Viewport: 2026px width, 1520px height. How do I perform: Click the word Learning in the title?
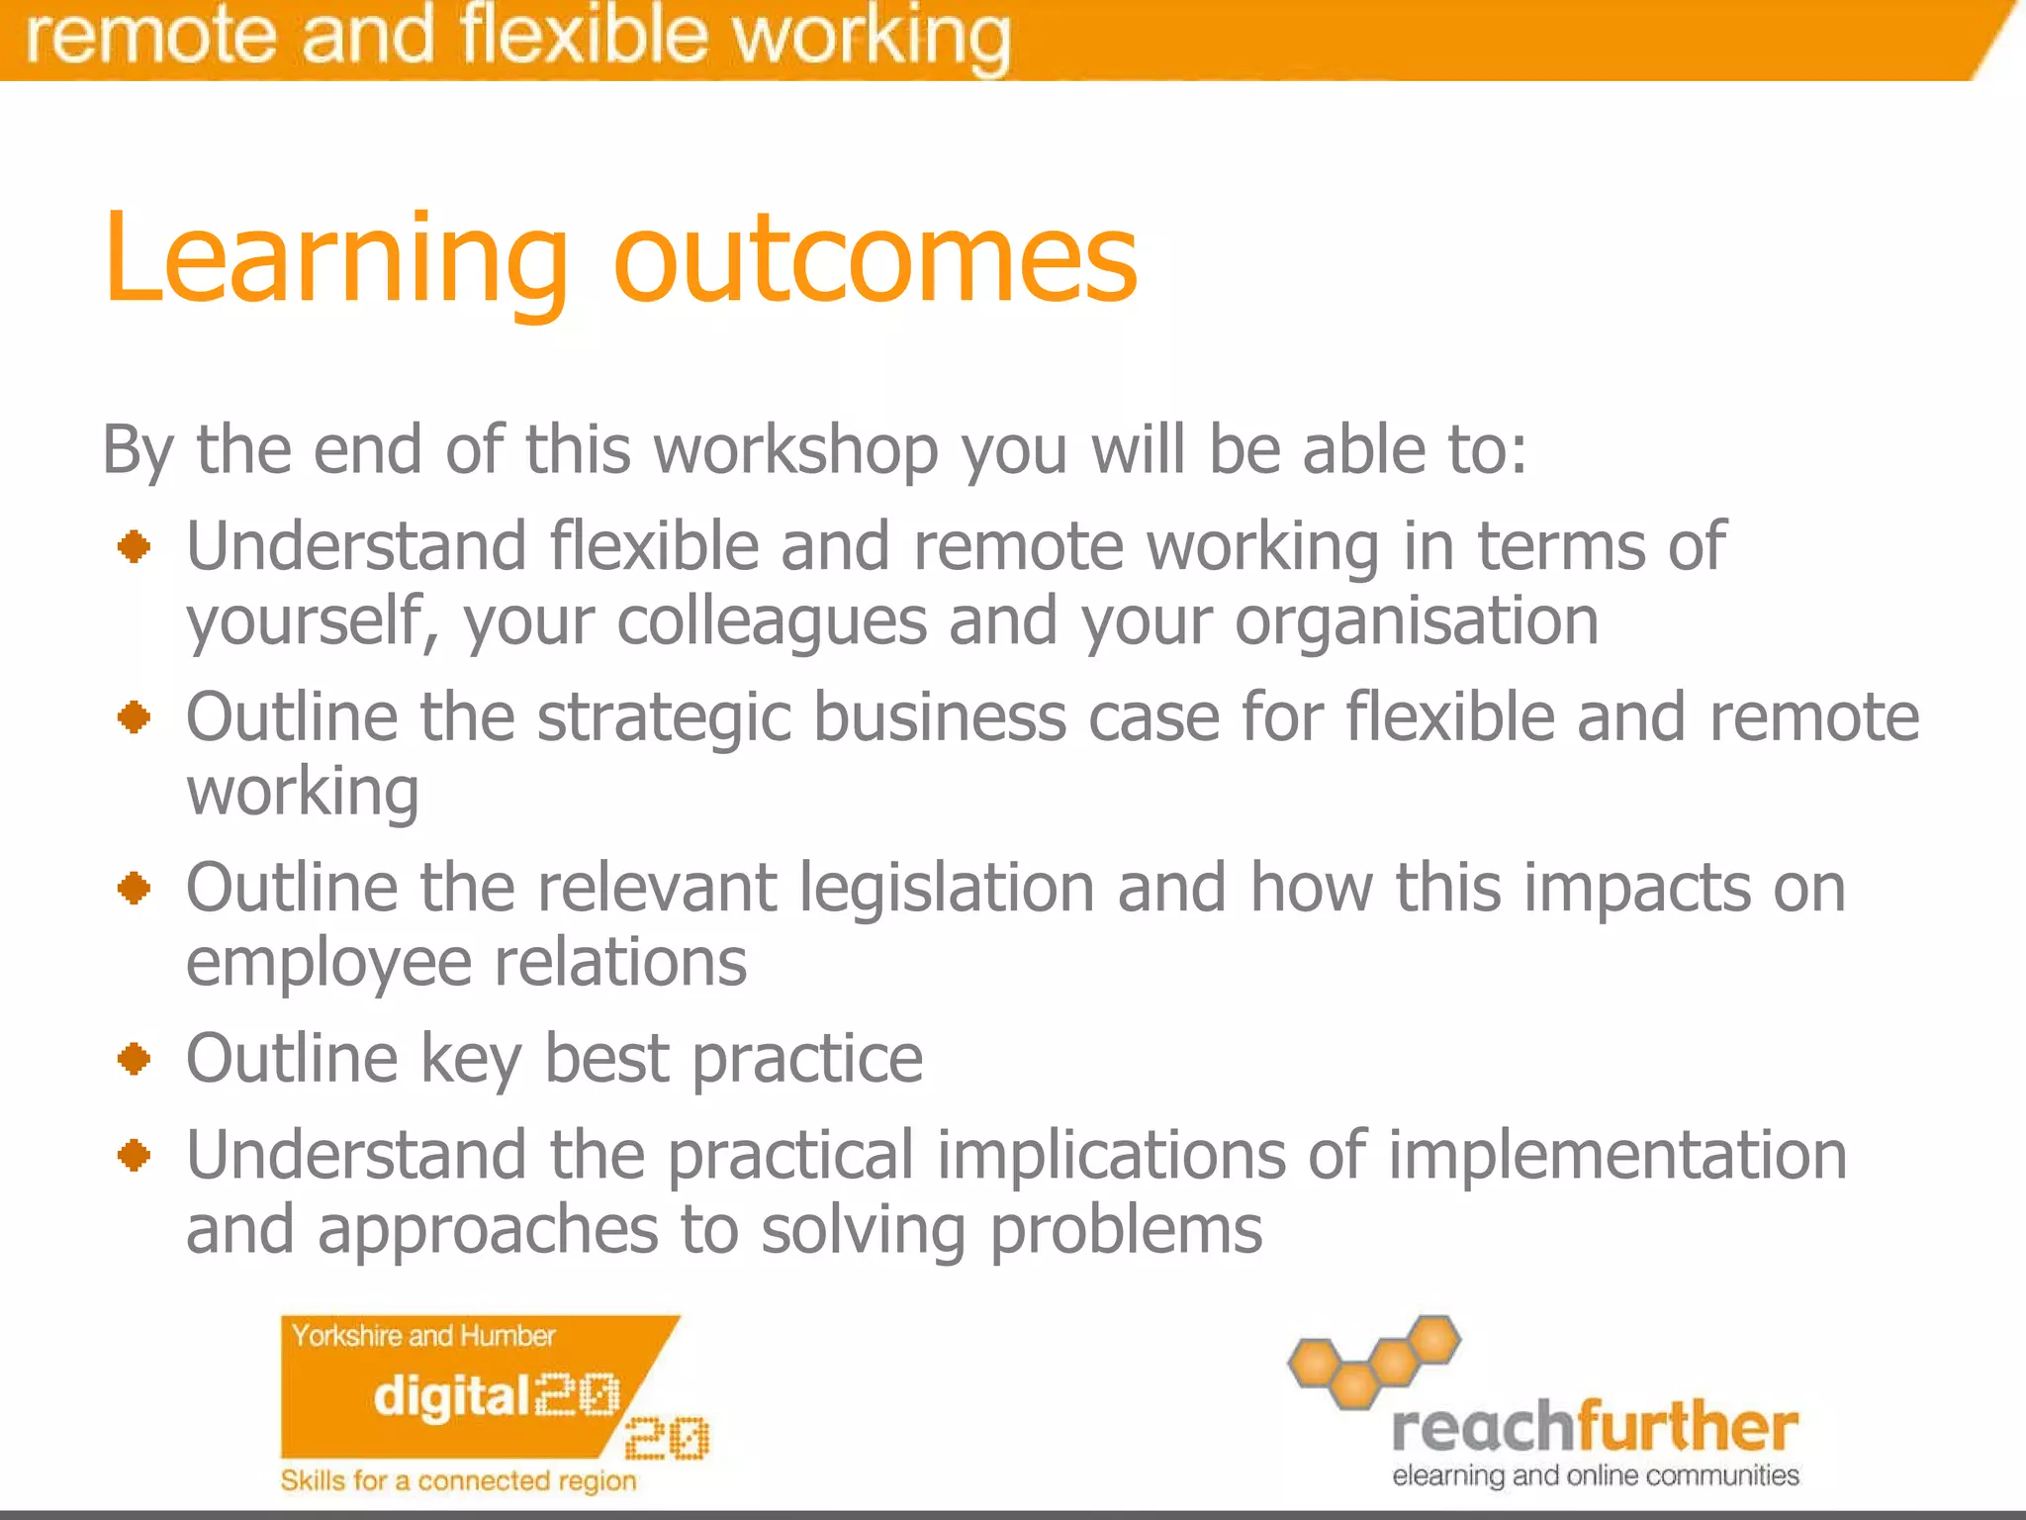point(336,259)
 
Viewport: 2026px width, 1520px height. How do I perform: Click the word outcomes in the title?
point(875,259)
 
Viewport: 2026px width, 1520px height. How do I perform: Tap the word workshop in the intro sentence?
point(795,450)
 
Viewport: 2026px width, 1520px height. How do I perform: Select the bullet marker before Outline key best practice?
point(134,1059)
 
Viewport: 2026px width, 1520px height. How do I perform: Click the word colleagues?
point(772,621)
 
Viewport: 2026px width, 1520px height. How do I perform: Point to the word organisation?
point(1416,621)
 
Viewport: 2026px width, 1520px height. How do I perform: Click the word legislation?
point(946,887)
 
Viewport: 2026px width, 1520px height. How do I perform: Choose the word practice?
point(806,1059)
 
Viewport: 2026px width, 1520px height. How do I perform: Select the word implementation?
point(1616,1155)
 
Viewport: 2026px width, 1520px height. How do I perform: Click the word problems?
point(1125,1230)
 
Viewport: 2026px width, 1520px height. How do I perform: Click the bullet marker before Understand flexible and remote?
point(134,546)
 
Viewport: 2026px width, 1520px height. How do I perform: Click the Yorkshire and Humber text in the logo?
point(422,1336)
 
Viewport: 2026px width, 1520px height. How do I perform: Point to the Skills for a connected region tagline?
point(458,1480)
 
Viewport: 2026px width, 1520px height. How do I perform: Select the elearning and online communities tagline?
point(1595,1475)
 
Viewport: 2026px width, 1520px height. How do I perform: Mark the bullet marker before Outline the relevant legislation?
point(134,888)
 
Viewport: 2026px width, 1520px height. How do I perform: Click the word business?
point(939,716)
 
